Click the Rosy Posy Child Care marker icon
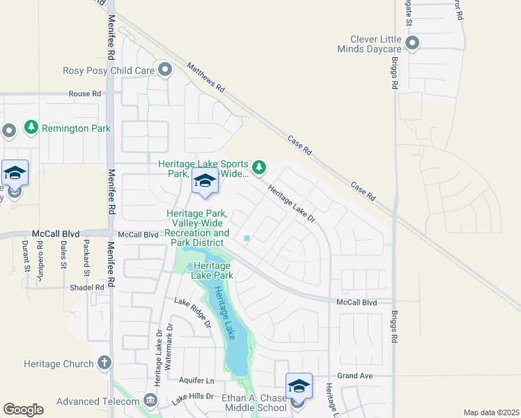(x=165, y=70)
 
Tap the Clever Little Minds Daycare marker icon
(x=412, y=44)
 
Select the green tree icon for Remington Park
(x=31, y=127)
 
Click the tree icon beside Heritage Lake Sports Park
(x=259, y=167)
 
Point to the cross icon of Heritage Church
(x=104, y=363)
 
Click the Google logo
(x=23, y=410)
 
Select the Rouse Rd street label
(x=85, y=93)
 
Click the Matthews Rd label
(x=206, y=79)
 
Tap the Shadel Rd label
(x=86, y=287)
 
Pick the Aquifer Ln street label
(x=195, y=380)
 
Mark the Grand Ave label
(x=356, y=376)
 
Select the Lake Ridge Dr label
(x=193, y=313)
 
